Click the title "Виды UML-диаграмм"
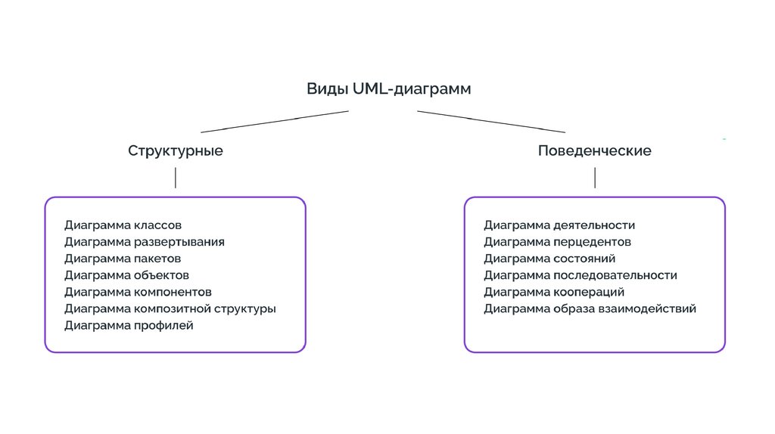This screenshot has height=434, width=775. click(x=388, y=89)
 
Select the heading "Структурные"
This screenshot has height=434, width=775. click(x=176, y=150)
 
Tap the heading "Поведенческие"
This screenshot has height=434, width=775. click(x=594, y=150)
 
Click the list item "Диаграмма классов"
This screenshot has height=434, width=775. click(x=123, y=225)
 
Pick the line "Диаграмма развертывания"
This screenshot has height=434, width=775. click(x=144, y=242)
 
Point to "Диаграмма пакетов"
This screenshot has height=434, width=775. click(x=123, y=259)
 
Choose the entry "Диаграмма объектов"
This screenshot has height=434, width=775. click(x=126, y=275)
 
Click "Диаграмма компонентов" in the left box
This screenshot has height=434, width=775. click(x=138, y=292)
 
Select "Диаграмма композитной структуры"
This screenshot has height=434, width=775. click(x=170, y=308)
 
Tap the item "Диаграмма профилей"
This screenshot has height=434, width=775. click(x=129, y=325)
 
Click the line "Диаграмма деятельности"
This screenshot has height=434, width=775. click(x=559, y=225)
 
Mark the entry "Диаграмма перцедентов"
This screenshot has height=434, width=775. click(x=557, y=242)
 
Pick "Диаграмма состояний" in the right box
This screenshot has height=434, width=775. click(x=549, y=259)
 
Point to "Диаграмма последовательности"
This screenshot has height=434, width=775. click(x=580, y=275)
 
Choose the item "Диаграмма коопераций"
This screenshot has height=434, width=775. click(x=554, y=292)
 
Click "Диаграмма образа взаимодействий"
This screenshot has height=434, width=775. click(x=590, y=308)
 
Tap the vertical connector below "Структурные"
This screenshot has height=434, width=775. click(x=176, y=178)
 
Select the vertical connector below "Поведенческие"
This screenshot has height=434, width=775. click(x=595, y=178)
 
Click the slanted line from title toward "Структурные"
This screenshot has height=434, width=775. click(x=274, y=122)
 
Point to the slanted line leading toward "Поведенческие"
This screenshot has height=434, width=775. click(x=492, y=122)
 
